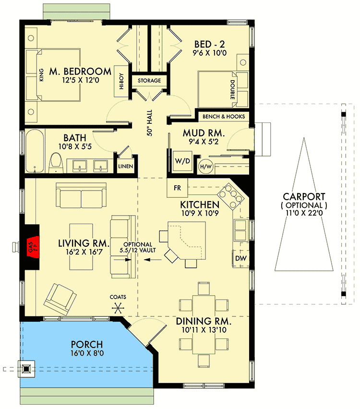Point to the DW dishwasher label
click(x=241, y=260)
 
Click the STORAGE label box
click(x=149, y=81)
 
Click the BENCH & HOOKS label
click(x=224, y=117)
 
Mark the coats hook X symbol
click(x=117, y=308)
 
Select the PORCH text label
click(x=86, y=344)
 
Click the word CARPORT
click(x=304, y=196)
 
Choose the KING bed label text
click(x=41, y=77)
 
